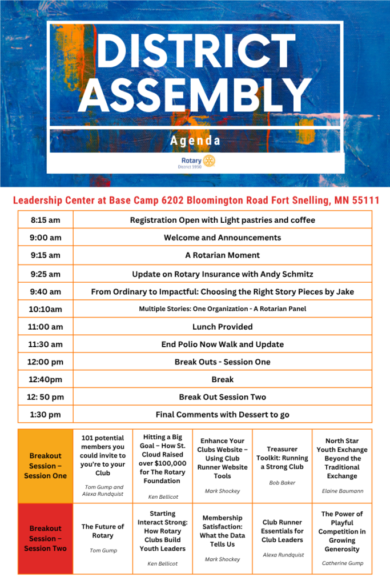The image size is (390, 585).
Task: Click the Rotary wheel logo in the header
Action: click(208, 162)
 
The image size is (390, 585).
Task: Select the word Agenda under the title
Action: click(195, 141)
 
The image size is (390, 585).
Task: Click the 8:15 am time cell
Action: click(45, 220)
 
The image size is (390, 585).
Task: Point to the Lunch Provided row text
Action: click(222, 327)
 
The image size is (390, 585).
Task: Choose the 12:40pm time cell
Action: click(45, 379)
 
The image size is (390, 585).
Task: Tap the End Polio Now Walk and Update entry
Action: click(222, 344)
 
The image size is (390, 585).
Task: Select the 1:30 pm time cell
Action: click(45, 415)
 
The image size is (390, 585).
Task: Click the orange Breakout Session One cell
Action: click(45, 466)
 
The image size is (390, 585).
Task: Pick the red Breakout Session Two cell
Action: click(45, 539)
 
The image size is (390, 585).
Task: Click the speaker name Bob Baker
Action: click(282, 483)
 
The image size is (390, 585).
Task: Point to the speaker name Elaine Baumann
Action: click(342, 491)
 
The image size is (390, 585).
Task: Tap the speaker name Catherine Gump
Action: click(342, 563)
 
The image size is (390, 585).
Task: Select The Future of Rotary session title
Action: click(103, 531)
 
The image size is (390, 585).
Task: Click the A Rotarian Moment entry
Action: click(222, 255)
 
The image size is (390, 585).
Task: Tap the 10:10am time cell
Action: click(45, 309)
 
